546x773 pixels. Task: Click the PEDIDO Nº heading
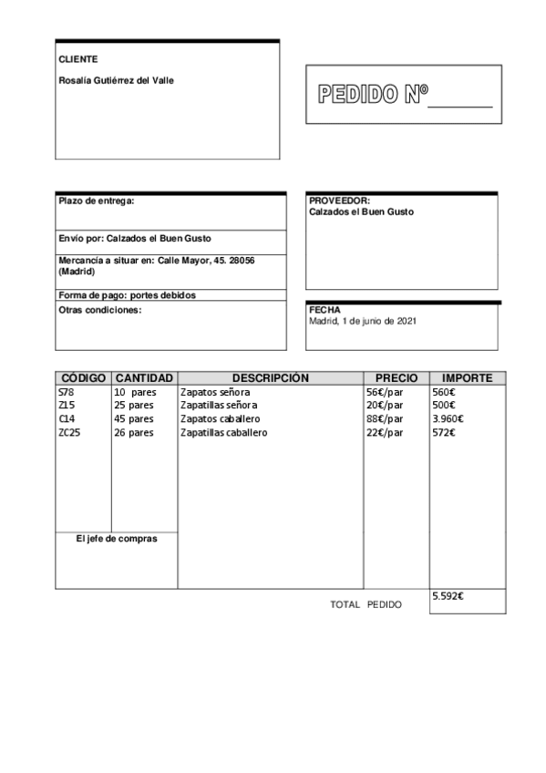tap(372, 95)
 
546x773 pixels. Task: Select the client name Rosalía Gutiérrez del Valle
tap(116, 80)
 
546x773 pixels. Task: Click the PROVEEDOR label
tap(339, 201)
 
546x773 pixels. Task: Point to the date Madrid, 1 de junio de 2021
tap(364, 321)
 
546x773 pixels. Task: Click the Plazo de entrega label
tap(96, 201)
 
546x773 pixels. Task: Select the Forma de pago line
tap(127, 295)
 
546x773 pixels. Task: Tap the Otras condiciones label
tap(99, 310)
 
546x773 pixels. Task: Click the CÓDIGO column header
tap(83, 378)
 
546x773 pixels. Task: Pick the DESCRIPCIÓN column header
tap(270, 378)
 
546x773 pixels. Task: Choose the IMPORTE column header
tap(467, 378)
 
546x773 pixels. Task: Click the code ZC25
tap(69, 433)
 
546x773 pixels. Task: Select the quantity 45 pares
tap(134, 419)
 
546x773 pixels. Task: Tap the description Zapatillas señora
tap(219, 406)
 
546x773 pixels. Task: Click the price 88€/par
tap(385, 419)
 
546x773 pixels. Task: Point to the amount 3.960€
tap(448, 419)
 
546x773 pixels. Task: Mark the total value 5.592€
tap(448, 596)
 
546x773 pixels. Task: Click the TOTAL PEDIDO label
tap(365, 604)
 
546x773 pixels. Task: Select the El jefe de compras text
tap(117, 539)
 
